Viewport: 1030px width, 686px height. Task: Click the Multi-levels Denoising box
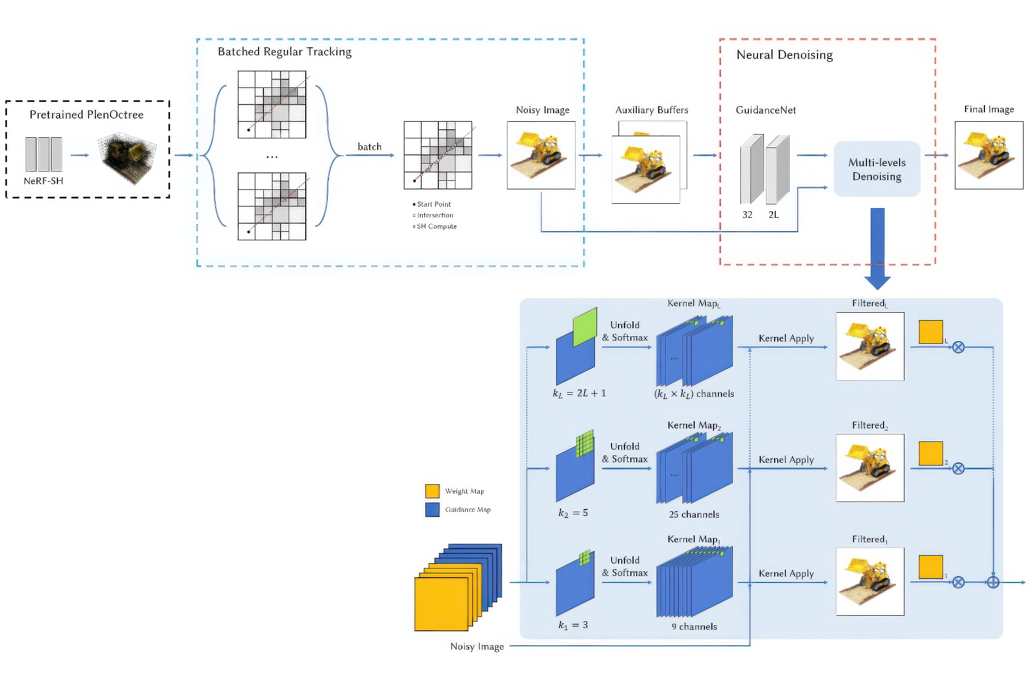(x=877, y=169)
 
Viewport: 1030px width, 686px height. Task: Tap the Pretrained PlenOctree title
(x=86, y=114)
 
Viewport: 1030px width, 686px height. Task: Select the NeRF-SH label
(x=43, y=181)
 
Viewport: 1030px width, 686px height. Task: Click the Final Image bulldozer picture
(x=989, y=155)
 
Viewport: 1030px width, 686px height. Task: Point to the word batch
(x=369, y=146)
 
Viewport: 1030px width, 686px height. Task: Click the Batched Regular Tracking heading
(x=284, y=51)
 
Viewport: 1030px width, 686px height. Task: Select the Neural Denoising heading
(x=784, y=55)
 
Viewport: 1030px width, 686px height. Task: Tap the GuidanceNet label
(x=766, y=110)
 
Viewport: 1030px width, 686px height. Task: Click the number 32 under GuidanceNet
(x=747, y=215)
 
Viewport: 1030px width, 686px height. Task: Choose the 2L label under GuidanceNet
(x=774, y=215)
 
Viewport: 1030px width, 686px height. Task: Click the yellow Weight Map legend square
(x=432, y=491)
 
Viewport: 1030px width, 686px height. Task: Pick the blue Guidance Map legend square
(x=432, y=510)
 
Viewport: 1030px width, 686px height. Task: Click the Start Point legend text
(x=433, y=204)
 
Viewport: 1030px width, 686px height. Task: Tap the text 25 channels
(x=694, y=514)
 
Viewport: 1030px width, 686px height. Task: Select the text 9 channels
(x=694, y=626)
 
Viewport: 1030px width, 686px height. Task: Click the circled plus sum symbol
(x=993, y=582)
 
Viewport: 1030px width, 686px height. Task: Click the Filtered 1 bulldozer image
(x=870, y=581)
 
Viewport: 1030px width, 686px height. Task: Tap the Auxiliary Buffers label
(x=651, y=110)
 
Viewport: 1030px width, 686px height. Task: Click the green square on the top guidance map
(x=585, y=327)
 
